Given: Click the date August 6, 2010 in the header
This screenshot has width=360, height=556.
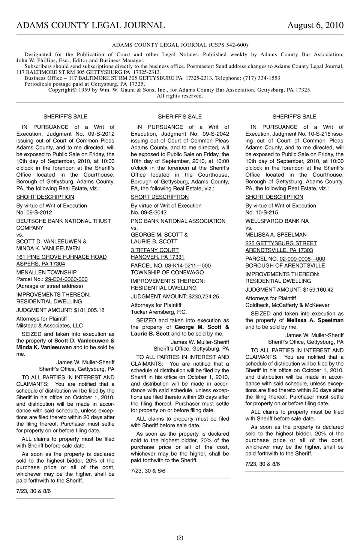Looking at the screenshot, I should click(315, 25).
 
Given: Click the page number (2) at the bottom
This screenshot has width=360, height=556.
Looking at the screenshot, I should click(180, 538).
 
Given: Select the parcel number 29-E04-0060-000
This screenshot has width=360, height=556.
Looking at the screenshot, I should click(66, 279).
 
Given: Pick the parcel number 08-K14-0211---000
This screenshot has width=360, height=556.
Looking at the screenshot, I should click(187, 265).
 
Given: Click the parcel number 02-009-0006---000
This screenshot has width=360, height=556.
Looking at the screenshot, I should click(302, 259).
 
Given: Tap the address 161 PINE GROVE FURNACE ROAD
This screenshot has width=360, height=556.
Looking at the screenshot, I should click(61, 257).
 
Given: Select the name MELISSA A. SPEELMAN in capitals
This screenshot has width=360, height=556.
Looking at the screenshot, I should click(276, 235).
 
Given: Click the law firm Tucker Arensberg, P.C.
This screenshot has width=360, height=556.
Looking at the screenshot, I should click(159, 312).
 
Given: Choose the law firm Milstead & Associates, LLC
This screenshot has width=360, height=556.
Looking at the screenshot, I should click(49, 325).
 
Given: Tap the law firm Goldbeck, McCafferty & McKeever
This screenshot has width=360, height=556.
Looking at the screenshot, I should click(288, 305).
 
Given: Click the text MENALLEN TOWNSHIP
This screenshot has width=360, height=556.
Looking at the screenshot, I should click(46, 272).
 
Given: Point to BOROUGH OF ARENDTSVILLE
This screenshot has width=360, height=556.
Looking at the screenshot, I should click(285, 265).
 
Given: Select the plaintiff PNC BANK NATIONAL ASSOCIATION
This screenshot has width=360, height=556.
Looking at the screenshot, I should click(178, 221).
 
